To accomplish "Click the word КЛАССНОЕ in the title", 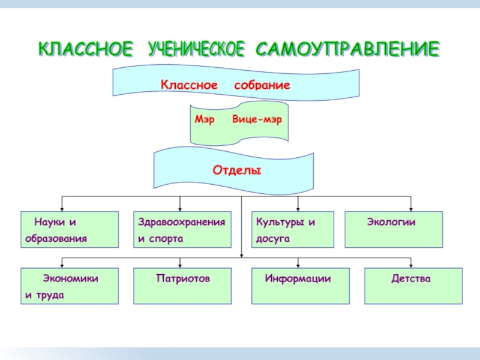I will point(86,49).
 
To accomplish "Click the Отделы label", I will point(236,170).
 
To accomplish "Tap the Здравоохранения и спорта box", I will point(182,230).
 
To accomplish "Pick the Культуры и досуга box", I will point(292,230).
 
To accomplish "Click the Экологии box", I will point(394,230).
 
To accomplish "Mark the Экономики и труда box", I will point(69,286).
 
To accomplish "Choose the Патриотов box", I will point(182,286).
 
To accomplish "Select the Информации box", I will point(298,286).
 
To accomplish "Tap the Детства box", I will point(413,286).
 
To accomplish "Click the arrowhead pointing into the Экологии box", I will point(411,208).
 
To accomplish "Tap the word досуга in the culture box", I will point(273,239).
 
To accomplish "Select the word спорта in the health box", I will point(166,239).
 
